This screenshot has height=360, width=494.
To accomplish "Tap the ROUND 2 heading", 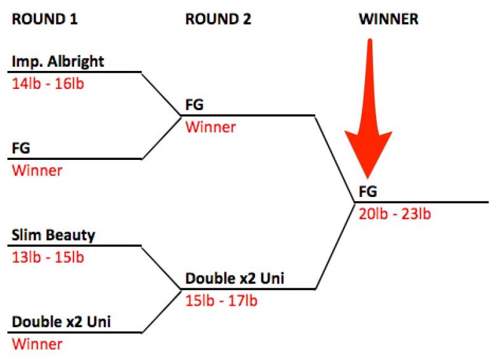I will pyautogui.click(x=218, y=19).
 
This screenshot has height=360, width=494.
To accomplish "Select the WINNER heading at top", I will pyautogui.click(x=388, y=19).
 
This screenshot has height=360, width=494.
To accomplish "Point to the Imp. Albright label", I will pyautogui.click(x=58, y=62).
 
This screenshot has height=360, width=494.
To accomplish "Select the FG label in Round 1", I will pyautogui.click(x=21, y=149).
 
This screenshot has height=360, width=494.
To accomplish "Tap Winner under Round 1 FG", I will pyautogui.click(x=37, y=170).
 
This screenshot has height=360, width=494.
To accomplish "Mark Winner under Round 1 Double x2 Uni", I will pyautogui.click(x=37, y=344).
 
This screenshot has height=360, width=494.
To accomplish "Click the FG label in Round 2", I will pyautogui.click(x=195, y=106).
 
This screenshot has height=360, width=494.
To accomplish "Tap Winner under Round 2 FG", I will pyautogui.click(x=211, y=127).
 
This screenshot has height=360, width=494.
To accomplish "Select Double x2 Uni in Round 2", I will pyautogui.click(x=235, y=279).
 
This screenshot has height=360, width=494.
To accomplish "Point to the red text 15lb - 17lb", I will pyautogui.click(x=222, y=301).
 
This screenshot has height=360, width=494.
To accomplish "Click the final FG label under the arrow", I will pyautogui.click(x=367, y=192).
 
